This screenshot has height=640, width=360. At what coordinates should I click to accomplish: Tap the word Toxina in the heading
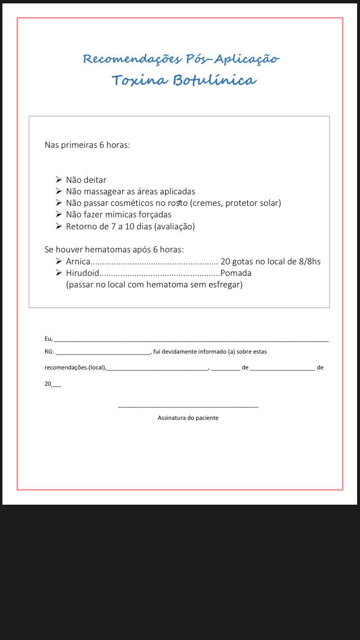[x=139, y=80]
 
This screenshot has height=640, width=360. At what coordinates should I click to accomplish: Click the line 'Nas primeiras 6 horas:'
[x=87, y=145]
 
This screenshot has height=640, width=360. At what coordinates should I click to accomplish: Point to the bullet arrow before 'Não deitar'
[x=59, y=180]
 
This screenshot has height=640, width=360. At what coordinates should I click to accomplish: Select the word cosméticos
[x=131, y=203]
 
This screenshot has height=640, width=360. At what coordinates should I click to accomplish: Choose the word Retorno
[x=82, y=226]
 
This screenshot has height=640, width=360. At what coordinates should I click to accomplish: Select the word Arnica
[x=78, y=261]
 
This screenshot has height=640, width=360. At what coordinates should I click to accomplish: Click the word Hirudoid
[x=83, y=273]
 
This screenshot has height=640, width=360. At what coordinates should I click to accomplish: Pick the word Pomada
[x=236, y=273]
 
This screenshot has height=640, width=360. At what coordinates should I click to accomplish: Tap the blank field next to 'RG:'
[x=103, y=353]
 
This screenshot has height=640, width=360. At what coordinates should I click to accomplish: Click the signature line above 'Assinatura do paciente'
[x=188, y=407]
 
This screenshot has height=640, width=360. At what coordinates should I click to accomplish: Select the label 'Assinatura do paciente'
[x=188, y=418]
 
